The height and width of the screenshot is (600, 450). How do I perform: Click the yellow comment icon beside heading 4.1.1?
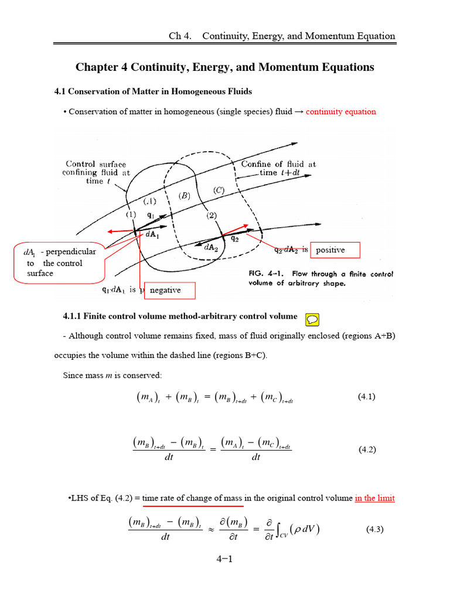[313, 319]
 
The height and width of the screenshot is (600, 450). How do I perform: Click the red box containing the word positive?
[335, 250]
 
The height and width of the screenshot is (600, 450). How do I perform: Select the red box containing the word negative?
[169, 291]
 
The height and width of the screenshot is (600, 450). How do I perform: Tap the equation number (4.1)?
[366, 397]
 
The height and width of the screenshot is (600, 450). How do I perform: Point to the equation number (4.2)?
[366, 450]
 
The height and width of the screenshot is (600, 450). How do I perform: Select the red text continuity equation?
[340, 111]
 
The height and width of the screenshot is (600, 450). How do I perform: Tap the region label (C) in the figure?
[219, 190]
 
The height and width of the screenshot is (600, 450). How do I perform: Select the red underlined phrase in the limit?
[375, 498]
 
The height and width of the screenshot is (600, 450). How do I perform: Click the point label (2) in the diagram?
[212, 215]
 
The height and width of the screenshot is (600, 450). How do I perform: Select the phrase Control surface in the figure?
[96, 164]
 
